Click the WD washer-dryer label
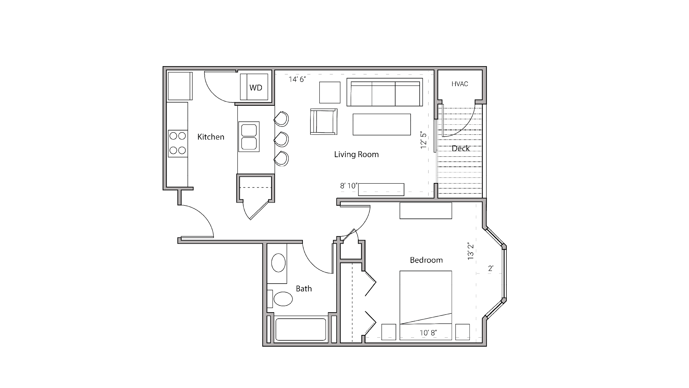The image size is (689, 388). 256,88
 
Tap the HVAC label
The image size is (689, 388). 460,84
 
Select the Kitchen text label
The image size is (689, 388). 210,137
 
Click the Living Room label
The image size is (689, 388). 356,154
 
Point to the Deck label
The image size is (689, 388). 461,148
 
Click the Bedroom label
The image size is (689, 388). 426,260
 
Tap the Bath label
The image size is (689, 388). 304,288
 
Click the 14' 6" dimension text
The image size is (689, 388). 297,79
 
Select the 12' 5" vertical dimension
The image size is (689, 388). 423,140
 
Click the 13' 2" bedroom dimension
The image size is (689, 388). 471,251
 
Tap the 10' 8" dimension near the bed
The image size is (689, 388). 428,333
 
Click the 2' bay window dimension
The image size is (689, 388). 491,268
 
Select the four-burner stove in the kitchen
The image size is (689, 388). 178,143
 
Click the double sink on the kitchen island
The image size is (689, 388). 249,137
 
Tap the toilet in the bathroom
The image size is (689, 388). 282,299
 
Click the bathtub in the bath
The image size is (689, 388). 300,329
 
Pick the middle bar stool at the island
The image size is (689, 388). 282,139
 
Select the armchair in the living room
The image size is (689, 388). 323,121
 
